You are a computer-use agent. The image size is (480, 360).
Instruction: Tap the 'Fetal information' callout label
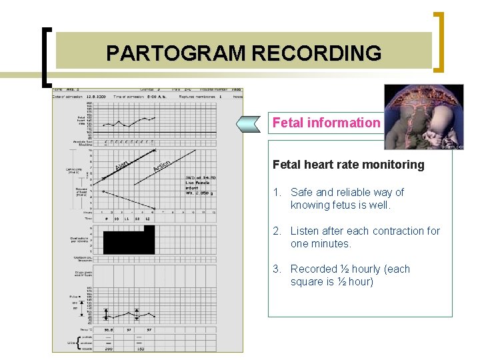coord(326,123)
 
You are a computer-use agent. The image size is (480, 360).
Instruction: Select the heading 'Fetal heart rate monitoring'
coord(348,165)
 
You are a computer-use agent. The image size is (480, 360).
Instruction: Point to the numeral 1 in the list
coord(276,193)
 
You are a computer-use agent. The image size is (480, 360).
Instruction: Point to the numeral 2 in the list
coord(276,231)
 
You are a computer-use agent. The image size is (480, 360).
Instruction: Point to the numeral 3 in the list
coord(276,269)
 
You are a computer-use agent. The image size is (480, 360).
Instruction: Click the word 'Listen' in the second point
coord(308,231)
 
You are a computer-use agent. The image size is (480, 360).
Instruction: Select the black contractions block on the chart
coord(129,240)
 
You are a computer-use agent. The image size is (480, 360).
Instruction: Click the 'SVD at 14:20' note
coord(200,177)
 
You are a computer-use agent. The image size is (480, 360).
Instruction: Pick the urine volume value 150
coord(141,348)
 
